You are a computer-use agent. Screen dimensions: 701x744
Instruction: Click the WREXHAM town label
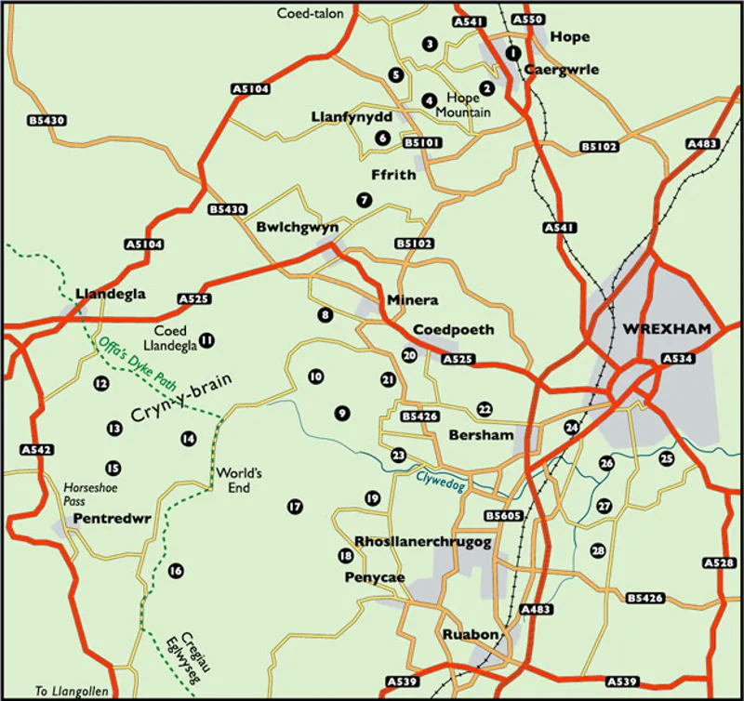point(666,329)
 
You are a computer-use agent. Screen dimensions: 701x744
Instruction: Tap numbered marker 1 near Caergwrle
point(511,53)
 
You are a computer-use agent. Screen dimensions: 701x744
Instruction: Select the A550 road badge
point(527,20)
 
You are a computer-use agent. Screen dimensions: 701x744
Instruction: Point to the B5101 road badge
point(423,143)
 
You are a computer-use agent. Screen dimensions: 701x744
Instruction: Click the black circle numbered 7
point(364,199)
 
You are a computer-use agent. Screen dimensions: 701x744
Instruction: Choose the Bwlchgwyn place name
point(297,226)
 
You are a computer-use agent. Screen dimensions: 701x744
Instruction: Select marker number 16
point(175,571)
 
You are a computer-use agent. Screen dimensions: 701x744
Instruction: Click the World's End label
point(239,480)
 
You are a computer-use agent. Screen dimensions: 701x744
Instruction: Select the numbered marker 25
point(666,458)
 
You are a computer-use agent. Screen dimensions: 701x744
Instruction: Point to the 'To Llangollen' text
point(72,691)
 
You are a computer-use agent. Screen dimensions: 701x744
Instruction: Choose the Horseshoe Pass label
point(86,493)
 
